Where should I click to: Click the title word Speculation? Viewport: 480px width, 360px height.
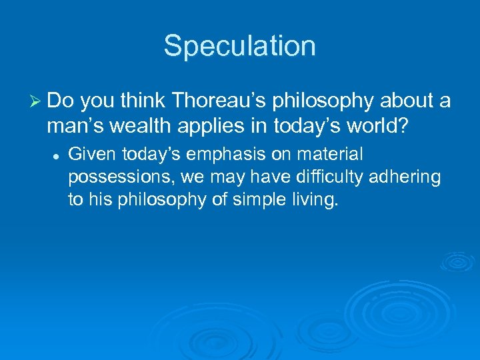pos(239,46)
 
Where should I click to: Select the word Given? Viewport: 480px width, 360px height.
pos(91,155)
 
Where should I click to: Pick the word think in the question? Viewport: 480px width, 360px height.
pos(145,101)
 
